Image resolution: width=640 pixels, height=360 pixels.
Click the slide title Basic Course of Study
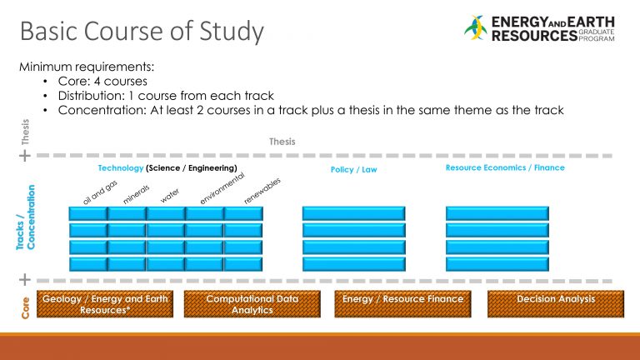coord(141,32)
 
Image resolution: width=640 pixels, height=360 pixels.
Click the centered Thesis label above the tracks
coord(282,142)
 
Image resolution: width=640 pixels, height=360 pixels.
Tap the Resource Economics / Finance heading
coord(505,167)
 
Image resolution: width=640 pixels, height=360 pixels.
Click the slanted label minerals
coord(136,194)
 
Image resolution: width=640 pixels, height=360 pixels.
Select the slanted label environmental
coord(222,187)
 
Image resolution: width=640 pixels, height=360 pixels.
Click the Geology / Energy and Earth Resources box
coord(105,304)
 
